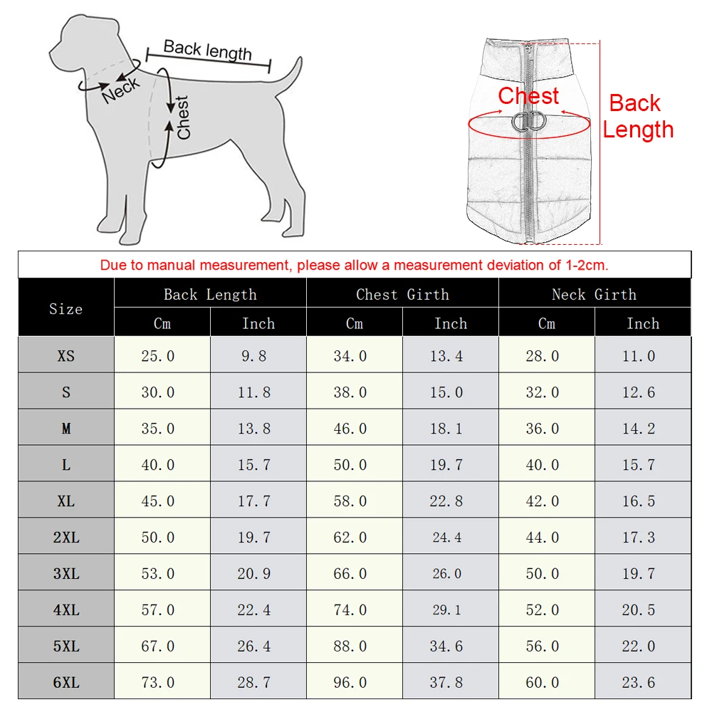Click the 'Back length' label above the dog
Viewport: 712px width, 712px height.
[207, 51]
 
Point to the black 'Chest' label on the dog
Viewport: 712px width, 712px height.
[183, 117]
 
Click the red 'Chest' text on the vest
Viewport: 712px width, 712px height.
[528, 96]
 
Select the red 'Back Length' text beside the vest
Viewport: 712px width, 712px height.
[637, 116]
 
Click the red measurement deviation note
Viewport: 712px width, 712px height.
[354, 266]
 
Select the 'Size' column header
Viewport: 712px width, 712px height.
[66, 309]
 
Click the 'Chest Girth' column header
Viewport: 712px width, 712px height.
[402, 294]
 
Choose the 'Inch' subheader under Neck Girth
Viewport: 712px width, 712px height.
[642, 323]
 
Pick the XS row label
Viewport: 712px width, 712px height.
[66, 356]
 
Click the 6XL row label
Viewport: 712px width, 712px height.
[66, 683]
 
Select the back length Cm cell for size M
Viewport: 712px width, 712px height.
[157, 429]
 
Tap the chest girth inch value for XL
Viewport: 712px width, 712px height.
[446, 501]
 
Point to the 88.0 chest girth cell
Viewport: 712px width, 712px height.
[350, 646]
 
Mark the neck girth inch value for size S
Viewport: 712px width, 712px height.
[639, 392]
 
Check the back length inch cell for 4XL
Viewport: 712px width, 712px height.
[254, 610]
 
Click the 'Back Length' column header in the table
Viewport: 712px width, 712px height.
[210, 294]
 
